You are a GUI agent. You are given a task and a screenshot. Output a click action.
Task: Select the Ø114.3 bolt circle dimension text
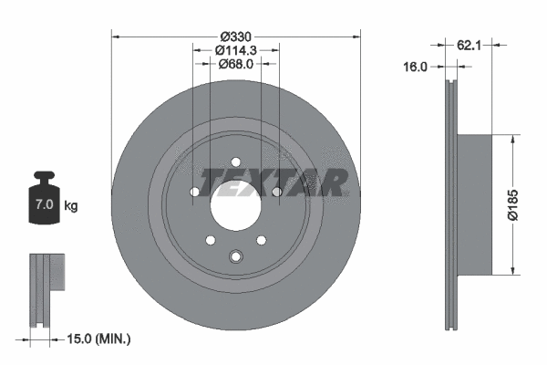(x=235, y=50)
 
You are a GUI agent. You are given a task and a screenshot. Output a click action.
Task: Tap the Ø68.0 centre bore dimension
(x=235, y=64)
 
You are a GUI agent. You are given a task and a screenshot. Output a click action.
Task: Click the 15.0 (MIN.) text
(x=99, y=339)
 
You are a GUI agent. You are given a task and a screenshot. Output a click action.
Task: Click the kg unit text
(x=71, y=206)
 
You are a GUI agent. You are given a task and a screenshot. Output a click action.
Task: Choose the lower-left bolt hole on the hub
(x=210, y=240)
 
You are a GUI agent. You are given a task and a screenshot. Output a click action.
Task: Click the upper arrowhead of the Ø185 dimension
(x=516, y=139)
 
